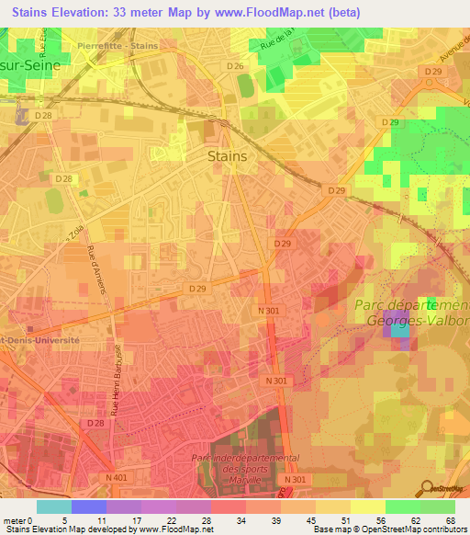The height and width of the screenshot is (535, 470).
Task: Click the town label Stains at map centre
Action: click(227, 156)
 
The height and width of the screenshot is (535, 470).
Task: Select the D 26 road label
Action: click(235, 67)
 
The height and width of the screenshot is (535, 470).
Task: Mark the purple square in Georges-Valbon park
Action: click(396, 324)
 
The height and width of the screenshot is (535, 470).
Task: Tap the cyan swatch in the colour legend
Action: click(54, 507)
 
